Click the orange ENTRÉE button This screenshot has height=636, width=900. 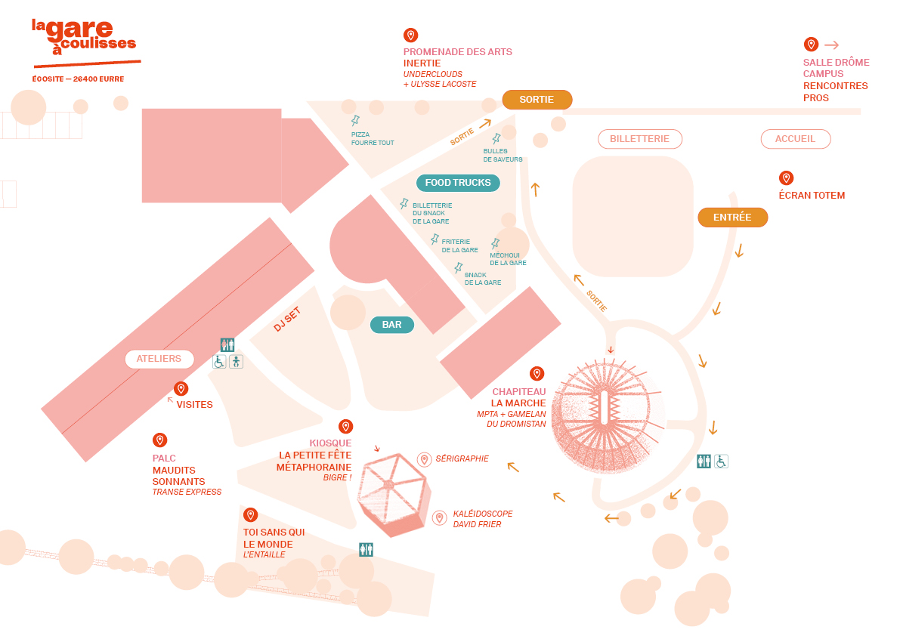pos(732,218)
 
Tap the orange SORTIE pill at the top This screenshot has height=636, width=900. pos(537,100)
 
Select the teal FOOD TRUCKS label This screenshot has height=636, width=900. pos(458,183)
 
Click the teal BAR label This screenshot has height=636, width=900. pos(391,325)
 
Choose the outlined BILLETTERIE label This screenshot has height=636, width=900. pos(639,139)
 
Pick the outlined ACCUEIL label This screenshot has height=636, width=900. pos(795,139)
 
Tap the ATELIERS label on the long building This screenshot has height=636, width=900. pos(159,359)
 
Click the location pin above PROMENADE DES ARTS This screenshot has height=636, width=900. pos(410,36)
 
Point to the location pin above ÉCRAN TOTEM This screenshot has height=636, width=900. pos(786,178)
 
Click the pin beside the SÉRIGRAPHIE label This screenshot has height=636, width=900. pos(424,459)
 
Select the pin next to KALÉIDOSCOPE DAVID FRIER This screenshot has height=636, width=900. pos(439,518)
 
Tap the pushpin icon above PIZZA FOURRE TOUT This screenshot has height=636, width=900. pos(355,121)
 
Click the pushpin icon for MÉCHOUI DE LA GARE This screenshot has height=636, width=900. pos(496,243)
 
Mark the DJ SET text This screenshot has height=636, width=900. pos(287,319)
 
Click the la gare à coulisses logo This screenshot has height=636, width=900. pos(83,42)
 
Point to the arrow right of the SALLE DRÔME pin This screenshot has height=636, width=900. pos(831,45)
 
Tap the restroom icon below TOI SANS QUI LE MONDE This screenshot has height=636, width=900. pos(366,550)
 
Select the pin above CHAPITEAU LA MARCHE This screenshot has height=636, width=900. pos(537,374)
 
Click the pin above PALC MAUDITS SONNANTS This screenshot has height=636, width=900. pos(159,440)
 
